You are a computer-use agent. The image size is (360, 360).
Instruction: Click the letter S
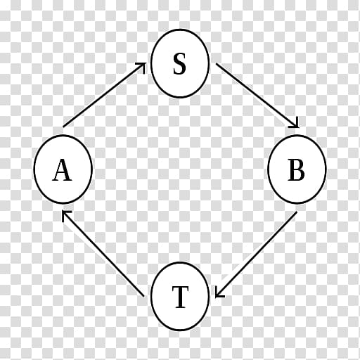click(x=179, y=64)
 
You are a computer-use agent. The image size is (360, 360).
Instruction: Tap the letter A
click(x=62, y=170)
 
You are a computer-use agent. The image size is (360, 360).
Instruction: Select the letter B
click(x=296, y=170)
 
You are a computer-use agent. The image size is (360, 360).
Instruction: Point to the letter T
click(x=180, y=297)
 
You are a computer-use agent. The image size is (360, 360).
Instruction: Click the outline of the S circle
click(x=150, y=63)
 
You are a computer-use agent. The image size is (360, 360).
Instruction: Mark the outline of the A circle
click(x=34, y=169)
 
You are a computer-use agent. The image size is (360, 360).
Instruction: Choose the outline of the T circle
click(x=150, y=296)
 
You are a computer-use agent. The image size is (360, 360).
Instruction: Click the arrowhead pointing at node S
click(x=143, y=65)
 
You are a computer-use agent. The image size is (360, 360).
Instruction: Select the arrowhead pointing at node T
click(x=218, y=295)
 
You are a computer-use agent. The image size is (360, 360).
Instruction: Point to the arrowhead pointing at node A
click(x=65, y=213)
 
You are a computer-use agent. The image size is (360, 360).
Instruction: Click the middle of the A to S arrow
click(x=105, y=95)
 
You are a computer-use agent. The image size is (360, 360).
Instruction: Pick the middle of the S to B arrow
click(x=257, y=96)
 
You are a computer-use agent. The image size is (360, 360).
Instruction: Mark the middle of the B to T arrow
click(x=256, y=255)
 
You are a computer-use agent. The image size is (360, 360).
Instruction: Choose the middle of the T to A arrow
click(x=103, y=253)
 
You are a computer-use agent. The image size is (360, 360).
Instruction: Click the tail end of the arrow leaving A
click(x=63, y=127)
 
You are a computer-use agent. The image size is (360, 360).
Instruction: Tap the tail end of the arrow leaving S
click(x=216, y=63)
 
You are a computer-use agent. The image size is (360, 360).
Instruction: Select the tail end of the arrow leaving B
click(x=297, y=212)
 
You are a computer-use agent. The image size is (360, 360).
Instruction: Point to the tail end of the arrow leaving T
click(x=143, y=297)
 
